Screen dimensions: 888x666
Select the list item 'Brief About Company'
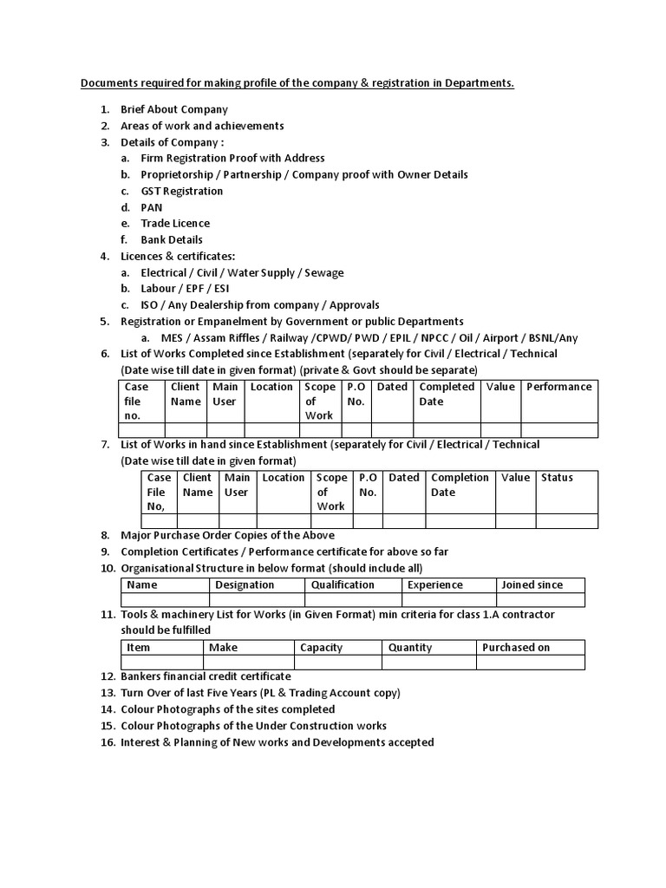[174, 110]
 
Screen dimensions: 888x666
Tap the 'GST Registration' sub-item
[182, 191]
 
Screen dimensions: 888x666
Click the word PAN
[152, 207]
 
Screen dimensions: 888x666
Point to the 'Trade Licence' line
[175, 224]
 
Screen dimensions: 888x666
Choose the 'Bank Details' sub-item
[172, 240]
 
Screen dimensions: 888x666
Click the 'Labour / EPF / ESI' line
[185, 289]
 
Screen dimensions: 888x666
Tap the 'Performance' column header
[559, 388]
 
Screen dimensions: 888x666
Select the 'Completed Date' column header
[447, 395]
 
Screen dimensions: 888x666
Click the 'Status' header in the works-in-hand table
[557, 478]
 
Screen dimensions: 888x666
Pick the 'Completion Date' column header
[460, 485]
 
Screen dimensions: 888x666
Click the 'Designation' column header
[245, 585]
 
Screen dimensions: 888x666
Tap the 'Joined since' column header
[532, 585]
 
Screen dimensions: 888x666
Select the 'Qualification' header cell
[343, 585]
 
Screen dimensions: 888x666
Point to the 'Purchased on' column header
[516, 648]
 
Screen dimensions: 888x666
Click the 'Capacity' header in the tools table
[321, 648]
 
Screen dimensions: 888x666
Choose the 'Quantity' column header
[410, 648]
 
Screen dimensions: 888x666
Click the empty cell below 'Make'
[248, 663]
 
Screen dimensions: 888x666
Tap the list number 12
[108, 676]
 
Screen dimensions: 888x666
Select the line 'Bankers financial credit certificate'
[206, 676]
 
